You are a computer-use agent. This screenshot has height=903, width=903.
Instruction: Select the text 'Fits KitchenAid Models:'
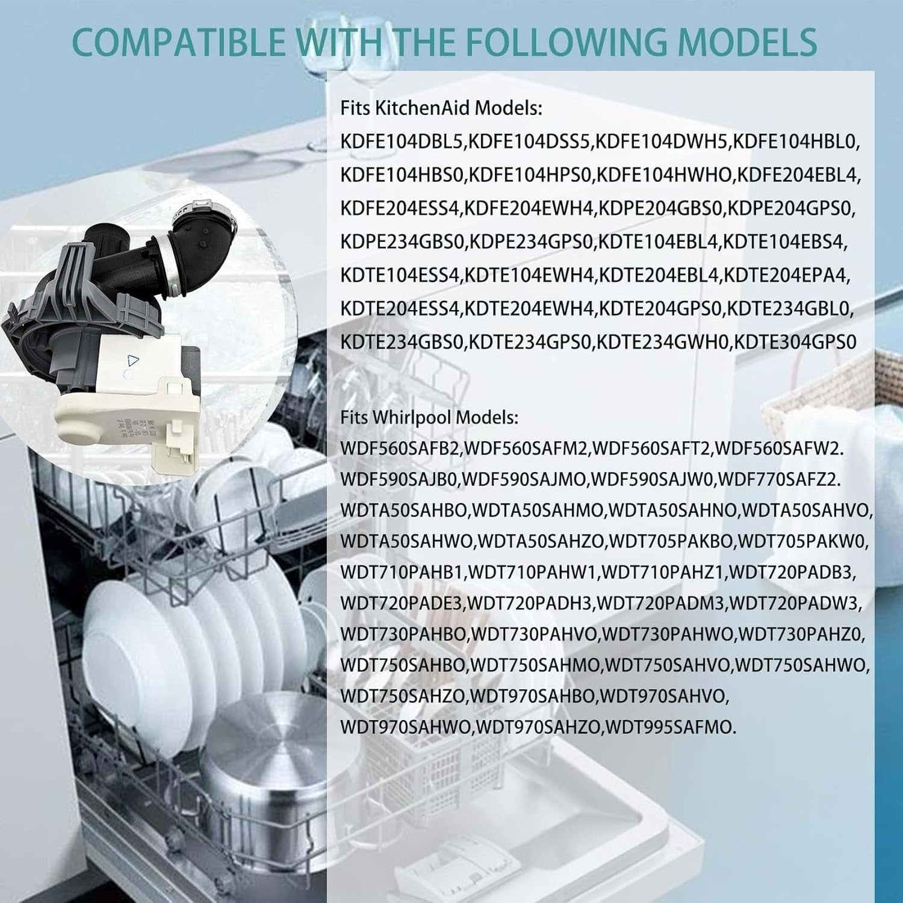pos(441,109)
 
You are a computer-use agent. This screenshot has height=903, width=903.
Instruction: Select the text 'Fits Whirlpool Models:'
pos(429,417)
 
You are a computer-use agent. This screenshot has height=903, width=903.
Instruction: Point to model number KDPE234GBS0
pos(402,242)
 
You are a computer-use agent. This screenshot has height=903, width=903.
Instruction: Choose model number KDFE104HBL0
pos(796,142)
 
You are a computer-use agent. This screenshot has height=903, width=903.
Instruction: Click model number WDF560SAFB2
pos(399,448)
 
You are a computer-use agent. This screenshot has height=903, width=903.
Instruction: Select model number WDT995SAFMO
pos(669,727)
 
